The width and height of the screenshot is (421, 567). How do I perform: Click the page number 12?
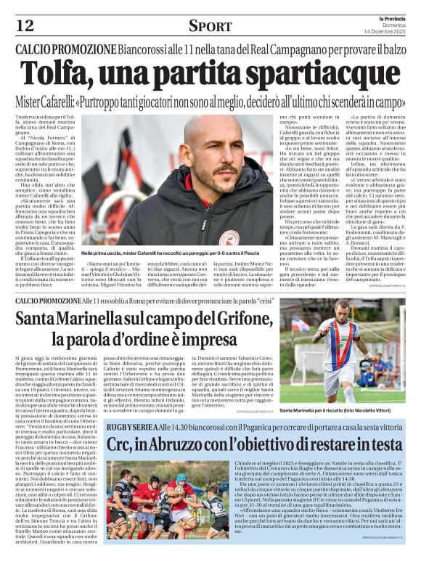tap(26, 25)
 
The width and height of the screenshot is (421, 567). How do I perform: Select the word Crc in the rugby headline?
tap(120, 444)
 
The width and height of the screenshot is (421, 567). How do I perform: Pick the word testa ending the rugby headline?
tap(382, 444)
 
